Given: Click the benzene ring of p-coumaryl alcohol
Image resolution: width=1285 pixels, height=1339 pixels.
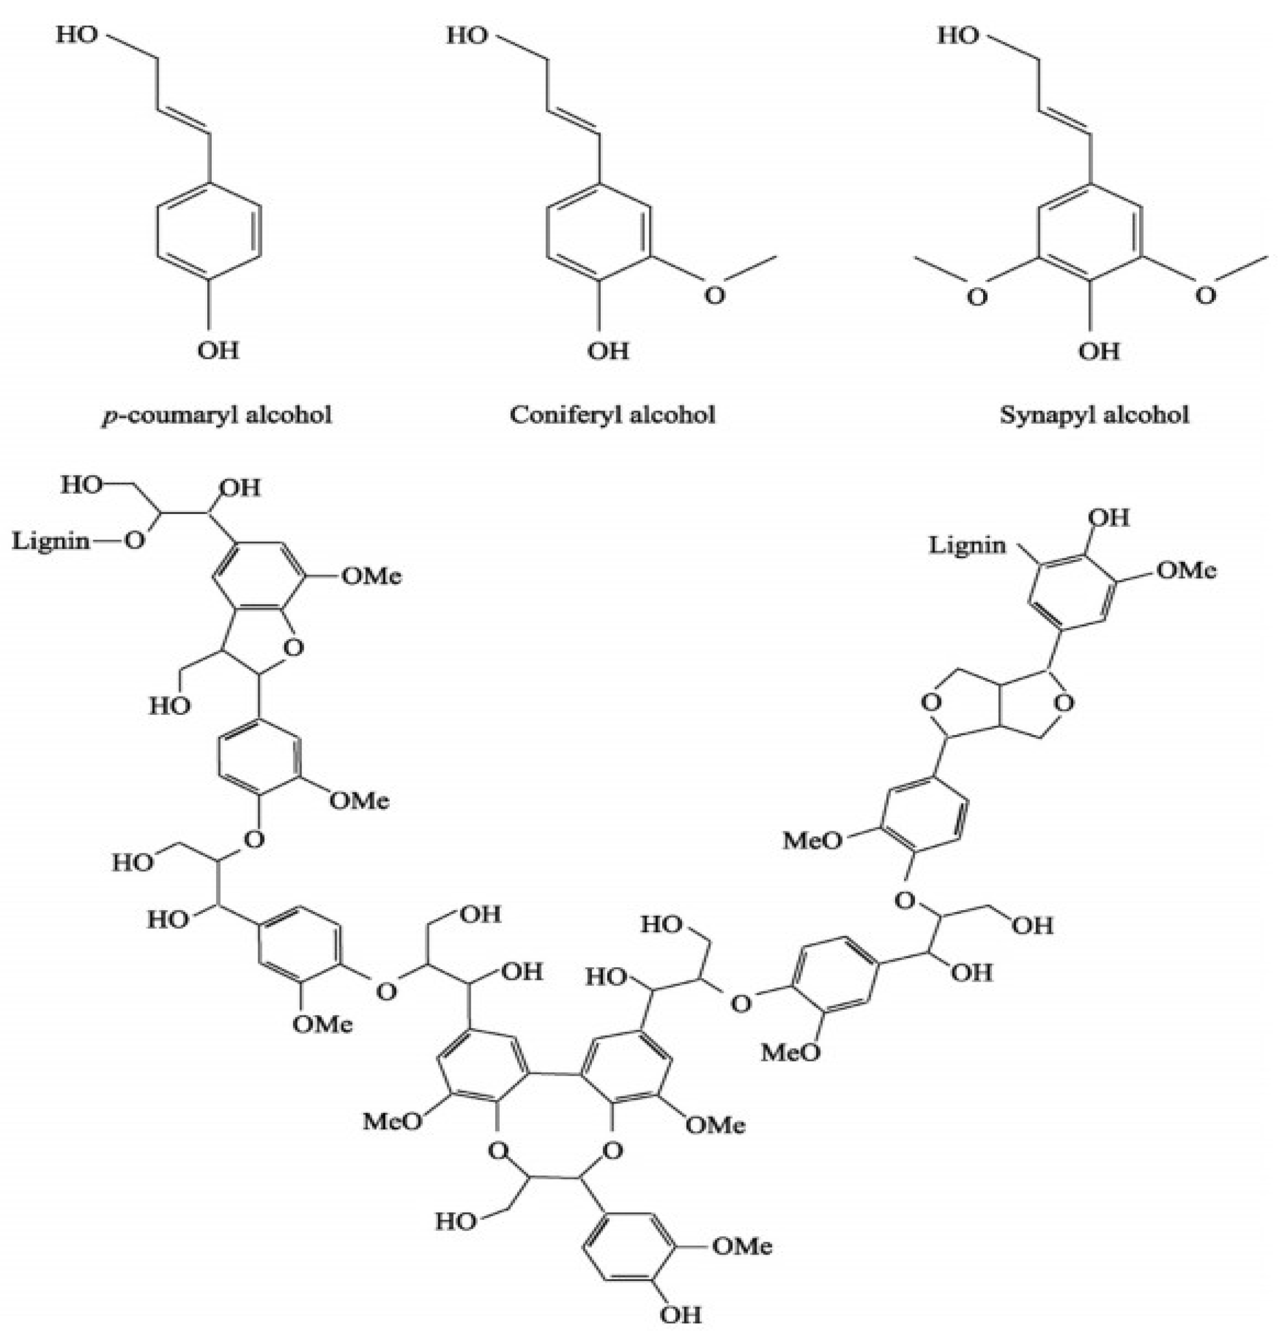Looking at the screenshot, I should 208,229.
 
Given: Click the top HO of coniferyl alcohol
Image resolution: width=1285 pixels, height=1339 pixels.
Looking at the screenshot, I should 467,35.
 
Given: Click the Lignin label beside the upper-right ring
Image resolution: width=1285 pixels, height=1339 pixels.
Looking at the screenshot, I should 967,545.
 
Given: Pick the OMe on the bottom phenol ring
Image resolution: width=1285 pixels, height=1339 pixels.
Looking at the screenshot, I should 742,1246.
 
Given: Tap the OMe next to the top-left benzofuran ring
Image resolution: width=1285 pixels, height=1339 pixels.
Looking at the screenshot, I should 371,576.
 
